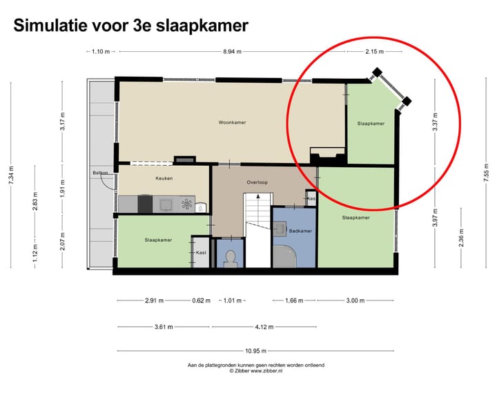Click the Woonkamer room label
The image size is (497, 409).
click(x=232, y=123)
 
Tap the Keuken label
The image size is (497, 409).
click(x=164, y=178)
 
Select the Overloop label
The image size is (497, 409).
click(x=257, y=182)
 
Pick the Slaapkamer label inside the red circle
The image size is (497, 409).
click(x=371, y=124)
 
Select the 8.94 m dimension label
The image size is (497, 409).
click(x=233, y=52)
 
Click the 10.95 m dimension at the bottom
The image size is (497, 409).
click(x=255, y=350)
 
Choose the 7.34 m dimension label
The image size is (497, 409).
click(x=10, y=175)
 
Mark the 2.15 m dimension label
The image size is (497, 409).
click(x=375, y=52)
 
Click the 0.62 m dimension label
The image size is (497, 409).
click(x=201, y=301)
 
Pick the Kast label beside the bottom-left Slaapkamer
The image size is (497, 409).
click(x=201, y=252)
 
